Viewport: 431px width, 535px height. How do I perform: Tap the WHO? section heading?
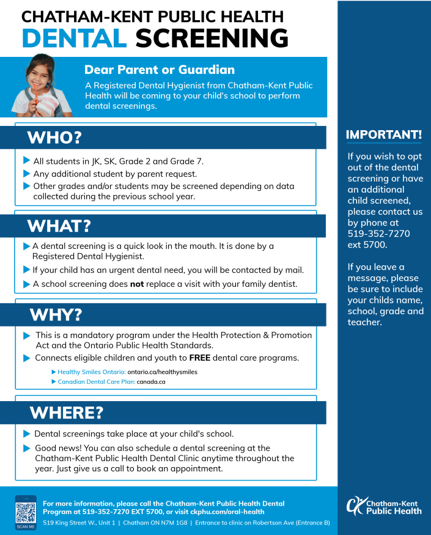click(54, 138)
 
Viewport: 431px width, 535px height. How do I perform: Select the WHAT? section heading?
click(59, 226)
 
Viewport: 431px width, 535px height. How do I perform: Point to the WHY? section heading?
click(56, 315)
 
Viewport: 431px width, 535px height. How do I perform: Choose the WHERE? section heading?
click(66, 413)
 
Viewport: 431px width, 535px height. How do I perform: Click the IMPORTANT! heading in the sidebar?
click(384, 135)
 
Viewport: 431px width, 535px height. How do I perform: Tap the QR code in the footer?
click(26, 512)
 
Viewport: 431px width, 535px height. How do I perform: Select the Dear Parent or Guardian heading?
click(160, 70)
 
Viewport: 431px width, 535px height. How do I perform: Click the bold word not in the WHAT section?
click(136, 284)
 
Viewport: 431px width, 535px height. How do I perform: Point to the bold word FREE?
click(199, 358)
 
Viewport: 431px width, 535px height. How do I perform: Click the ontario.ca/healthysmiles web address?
click(163, 372)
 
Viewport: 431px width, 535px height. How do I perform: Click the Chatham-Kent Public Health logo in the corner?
click(384, 506)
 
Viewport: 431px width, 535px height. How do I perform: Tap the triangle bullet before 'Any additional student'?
click(26, 174)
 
